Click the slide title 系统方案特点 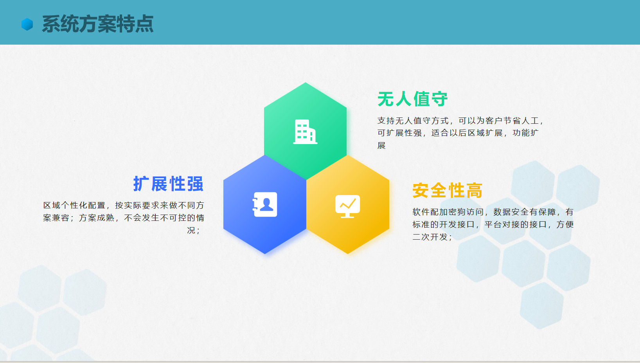pos(98,24)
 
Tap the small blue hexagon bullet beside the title pos(27,24)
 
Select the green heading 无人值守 pos(412,99)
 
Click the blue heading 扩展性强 pos(168,184)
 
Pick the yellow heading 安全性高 pos(448,190)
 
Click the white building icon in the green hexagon pos(305,132)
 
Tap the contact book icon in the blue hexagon pos(265,204)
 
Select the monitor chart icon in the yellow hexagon pos(347,206)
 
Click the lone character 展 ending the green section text pos(381,145)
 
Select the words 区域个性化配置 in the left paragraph pos(74,205)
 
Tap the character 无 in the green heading pos(386,99)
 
